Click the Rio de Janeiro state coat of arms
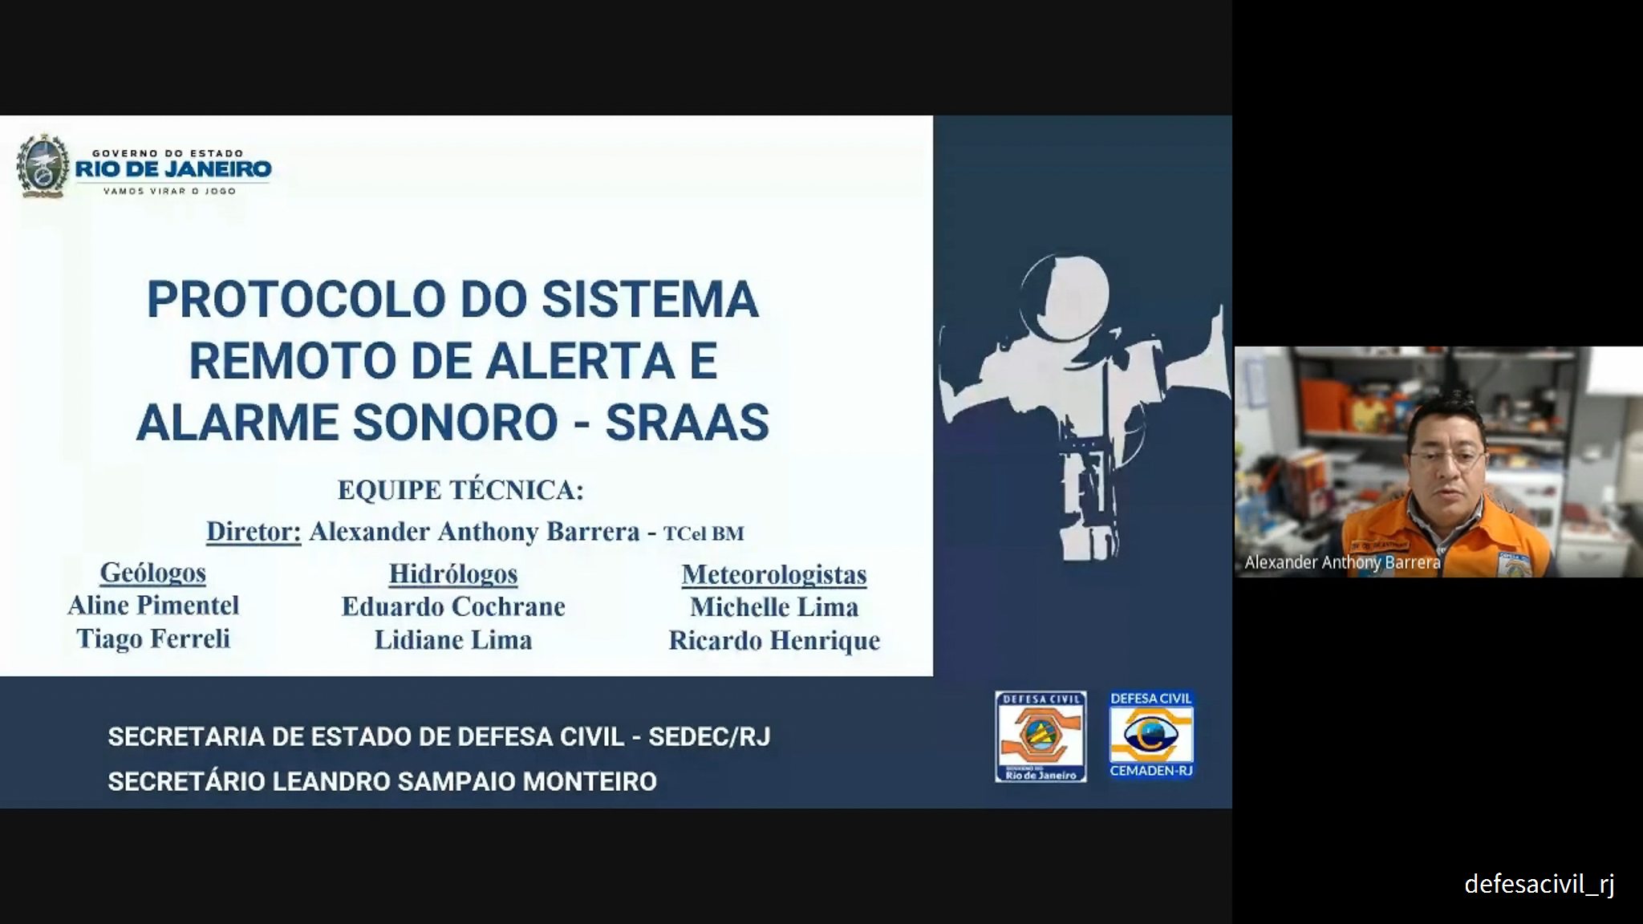(43, 166)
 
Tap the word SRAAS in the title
(687, 423)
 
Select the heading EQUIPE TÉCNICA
(460, 489)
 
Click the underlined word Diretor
(254, 531)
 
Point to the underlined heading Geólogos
(152, 573)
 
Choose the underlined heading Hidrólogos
(453, 573)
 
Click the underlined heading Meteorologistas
(774, 574)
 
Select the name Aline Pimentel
(153, 606)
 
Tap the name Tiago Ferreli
(153, 638)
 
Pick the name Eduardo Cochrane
(453, 606)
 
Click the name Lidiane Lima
(453, 640)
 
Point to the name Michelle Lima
(774, 607)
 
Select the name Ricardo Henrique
(774, 641)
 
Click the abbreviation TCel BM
(704, 533)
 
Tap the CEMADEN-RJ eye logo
(1151, 736)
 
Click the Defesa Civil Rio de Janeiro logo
(1041, 736)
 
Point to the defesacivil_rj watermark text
(1540, 884)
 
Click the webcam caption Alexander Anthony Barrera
(1342, 562)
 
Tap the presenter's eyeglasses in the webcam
(1447, 460)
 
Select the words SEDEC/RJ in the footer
(709, 737)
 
